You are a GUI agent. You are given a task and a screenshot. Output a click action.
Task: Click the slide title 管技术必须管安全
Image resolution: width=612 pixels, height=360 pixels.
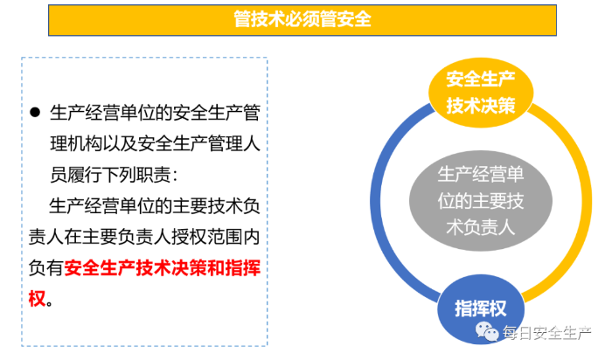[x=303, y=19]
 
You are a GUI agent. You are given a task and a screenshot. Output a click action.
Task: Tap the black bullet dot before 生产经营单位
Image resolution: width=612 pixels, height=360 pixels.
[x=35, y=113]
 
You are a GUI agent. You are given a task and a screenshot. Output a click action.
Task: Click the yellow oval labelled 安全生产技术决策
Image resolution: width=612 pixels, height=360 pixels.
[x=481, y=93]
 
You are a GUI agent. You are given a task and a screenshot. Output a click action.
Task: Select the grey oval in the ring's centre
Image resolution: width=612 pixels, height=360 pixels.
[x=481, y=201]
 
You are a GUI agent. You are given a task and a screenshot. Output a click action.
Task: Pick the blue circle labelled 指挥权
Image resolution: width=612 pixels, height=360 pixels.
[x=481, y=309]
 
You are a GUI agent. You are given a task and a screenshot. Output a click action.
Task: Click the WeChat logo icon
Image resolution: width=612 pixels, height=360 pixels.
[x=487, y=331]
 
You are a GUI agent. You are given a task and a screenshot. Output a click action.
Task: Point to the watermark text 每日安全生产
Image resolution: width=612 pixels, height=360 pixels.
[x=546, y=333]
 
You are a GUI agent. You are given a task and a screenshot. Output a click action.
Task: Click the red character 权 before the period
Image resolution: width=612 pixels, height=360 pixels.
[x=37, y=299]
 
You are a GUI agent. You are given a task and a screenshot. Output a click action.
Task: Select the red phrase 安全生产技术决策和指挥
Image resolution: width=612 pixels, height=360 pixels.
[x=162, y=268]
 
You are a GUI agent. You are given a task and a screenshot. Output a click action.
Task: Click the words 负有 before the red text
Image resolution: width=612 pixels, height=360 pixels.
[x=45, y=268]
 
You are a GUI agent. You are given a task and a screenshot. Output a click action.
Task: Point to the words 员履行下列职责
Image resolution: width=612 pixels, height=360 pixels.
[x=110, y=175]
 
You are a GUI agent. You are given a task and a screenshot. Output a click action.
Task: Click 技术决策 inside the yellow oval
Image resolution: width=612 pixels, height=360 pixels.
[x=481, y=106]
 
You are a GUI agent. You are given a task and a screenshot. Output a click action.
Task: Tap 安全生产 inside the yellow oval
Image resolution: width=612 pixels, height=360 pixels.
[x=481, y=80]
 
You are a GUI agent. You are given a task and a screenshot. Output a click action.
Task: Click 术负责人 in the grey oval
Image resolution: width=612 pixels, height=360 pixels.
[x=481, y=227]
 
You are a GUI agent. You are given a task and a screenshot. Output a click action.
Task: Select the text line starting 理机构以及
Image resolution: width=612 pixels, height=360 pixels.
[x=155, y=143]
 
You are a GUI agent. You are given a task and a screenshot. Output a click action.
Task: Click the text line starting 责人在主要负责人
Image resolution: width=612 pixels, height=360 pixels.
[x=144, y=237]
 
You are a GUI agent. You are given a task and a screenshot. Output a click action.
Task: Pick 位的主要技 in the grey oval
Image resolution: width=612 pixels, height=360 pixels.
[x=481, y=201]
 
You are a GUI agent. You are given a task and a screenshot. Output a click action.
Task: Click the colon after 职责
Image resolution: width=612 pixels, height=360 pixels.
[x=175, y=177]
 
